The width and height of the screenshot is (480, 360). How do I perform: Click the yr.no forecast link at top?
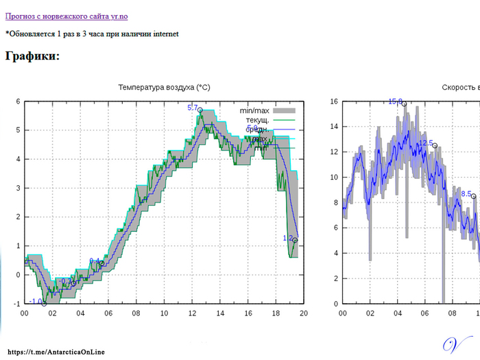67,16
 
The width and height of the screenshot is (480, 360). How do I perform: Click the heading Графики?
32,56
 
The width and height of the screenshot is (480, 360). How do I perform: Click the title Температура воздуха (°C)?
164,88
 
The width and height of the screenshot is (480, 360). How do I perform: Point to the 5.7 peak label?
193,108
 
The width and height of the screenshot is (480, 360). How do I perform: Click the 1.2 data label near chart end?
288,238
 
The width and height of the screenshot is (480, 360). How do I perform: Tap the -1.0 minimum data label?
36,301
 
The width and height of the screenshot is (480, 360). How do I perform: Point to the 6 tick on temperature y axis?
18,101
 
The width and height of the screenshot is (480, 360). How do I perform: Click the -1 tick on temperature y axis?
16,303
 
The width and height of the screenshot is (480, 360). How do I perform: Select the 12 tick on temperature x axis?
192,313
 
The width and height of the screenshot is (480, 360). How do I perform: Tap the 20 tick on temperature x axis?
304,313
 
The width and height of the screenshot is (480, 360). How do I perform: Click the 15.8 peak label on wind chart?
396,101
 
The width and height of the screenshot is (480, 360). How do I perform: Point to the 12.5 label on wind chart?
426,143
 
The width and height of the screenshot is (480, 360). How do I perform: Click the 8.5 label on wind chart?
466,194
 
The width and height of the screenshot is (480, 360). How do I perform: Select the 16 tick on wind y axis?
334,101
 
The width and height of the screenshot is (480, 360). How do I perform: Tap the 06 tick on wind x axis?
425,313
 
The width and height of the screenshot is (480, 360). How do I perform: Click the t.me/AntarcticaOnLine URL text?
56,351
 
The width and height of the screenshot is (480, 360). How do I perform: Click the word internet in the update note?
166,33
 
